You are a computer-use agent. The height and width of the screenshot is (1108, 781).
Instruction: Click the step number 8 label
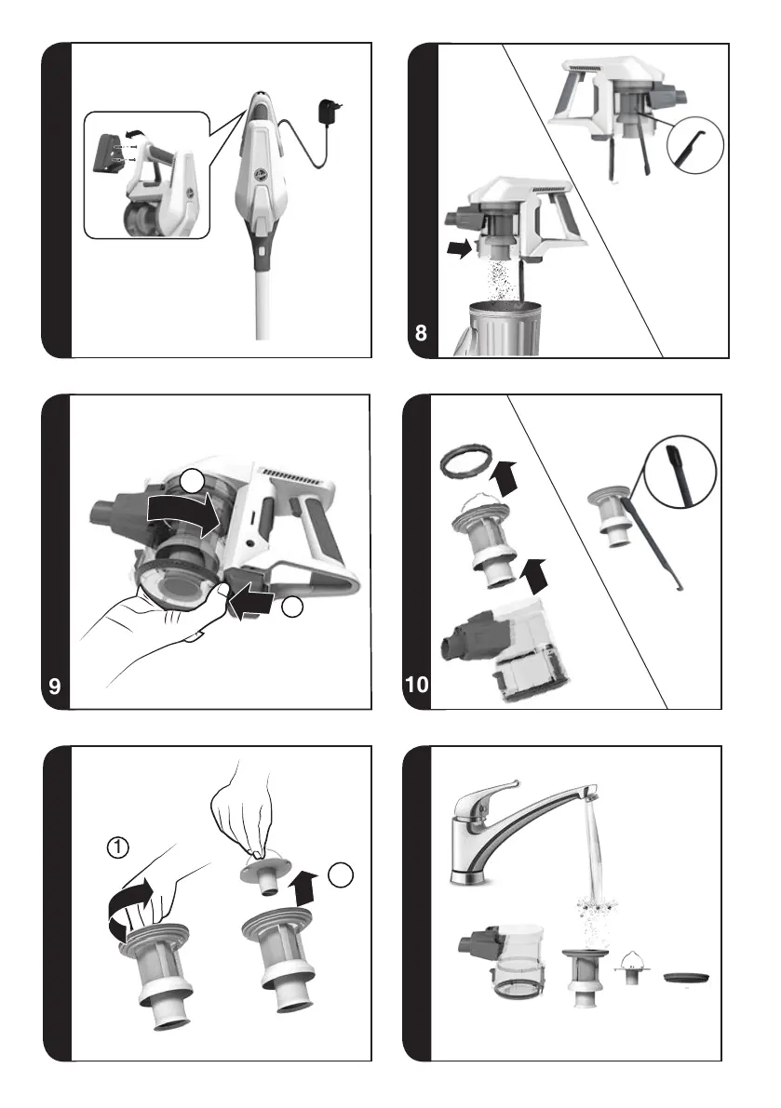[422, 332]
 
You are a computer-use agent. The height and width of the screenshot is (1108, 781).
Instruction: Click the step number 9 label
[55, 686]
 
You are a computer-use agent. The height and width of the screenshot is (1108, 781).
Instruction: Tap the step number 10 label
[417, 684]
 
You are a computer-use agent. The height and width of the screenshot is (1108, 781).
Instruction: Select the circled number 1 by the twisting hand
[118, 847]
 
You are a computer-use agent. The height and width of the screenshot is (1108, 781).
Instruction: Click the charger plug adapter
[330, 112]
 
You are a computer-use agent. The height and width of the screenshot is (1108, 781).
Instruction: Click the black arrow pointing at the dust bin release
[460, 248]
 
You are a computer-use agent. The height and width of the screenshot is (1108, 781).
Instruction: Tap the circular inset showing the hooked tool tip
[694, 144]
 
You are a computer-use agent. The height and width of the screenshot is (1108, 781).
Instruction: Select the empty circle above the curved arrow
[192, 481]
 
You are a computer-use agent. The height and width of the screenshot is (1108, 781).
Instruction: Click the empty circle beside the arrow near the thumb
[292, 607]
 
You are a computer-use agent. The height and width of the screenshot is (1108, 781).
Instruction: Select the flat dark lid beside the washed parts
[685, 978]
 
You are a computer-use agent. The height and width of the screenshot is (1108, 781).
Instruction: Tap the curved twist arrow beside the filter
[129, 909]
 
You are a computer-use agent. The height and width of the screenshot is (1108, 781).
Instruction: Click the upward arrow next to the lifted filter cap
[304, 888]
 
